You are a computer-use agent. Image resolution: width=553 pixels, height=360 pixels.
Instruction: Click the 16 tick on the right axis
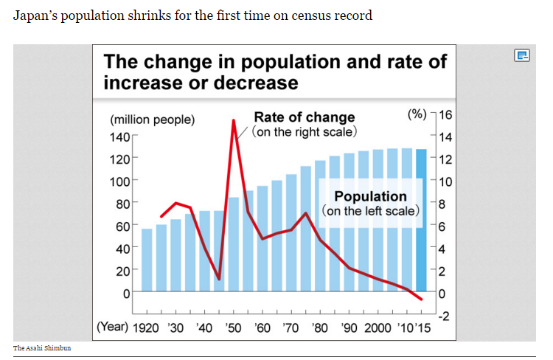[445, 115]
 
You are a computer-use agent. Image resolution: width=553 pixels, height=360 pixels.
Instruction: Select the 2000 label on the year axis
[377, 328]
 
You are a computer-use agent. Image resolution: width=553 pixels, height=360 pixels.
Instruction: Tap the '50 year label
[234, 328]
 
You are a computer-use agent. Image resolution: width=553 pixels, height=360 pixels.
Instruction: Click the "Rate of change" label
[304, 117]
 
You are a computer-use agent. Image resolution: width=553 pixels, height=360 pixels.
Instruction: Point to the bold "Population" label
[370, 196]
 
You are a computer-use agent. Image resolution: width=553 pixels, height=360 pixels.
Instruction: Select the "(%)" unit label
[417, 114]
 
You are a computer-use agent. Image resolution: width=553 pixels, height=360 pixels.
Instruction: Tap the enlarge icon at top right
[522, 55]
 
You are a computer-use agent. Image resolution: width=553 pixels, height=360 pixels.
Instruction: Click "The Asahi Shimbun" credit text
[42, 347]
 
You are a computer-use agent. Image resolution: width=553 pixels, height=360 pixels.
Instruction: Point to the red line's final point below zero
[421, 299]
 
